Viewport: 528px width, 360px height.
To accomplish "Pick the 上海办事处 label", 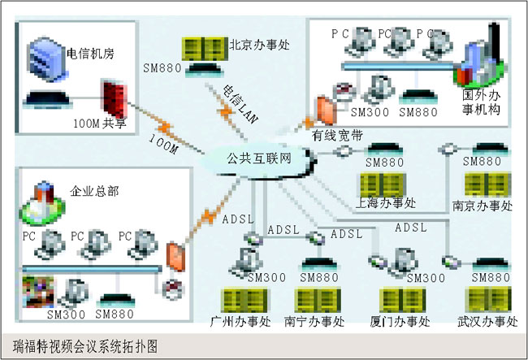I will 386,203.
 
